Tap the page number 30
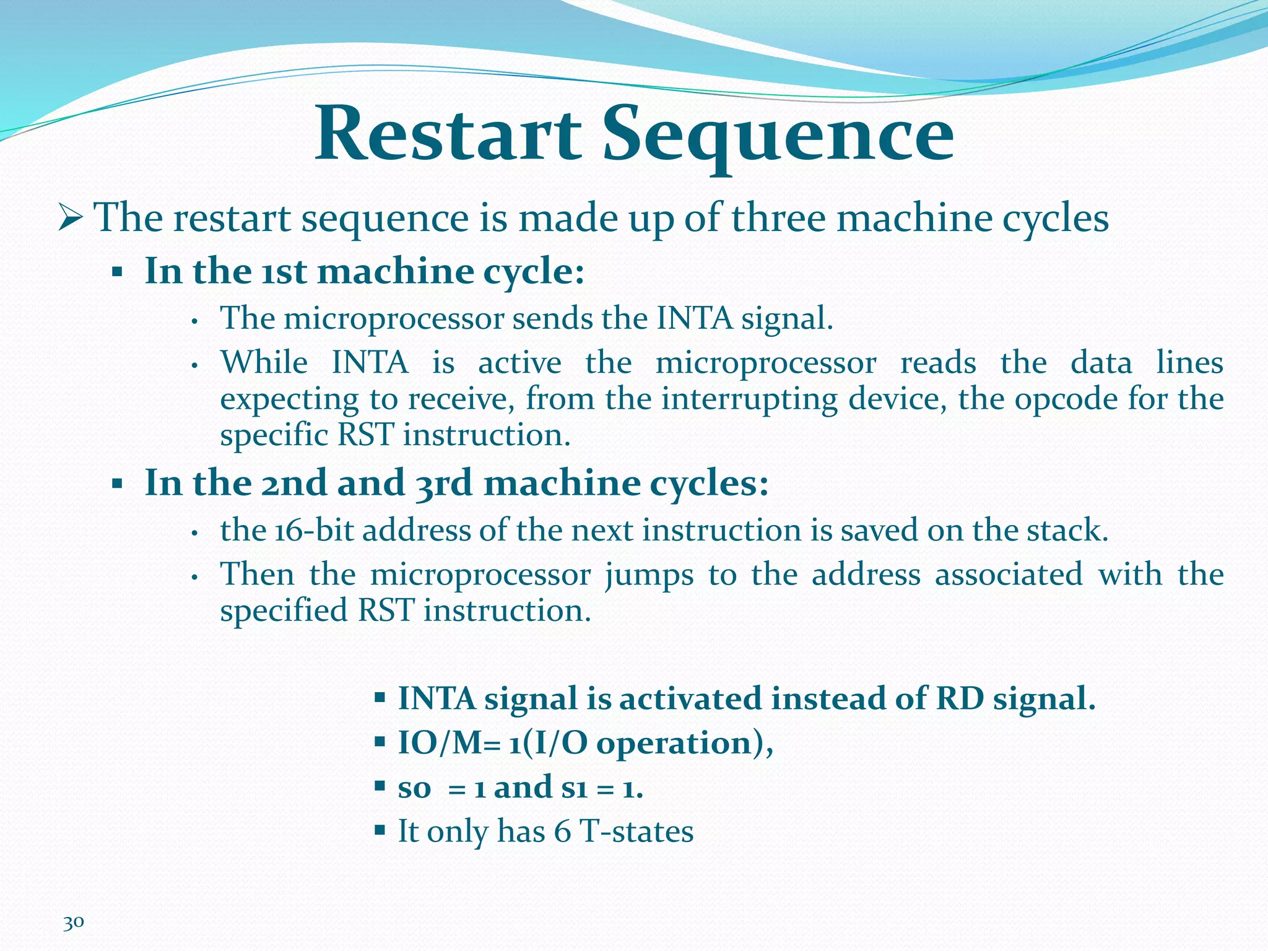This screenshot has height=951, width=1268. click(73, 923)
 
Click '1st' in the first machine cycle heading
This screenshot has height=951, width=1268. click(284, 271)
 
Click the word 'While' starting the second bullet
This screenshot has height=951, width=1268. click(264, 362)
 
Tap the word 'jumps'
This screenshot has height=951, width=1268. click(649, 575)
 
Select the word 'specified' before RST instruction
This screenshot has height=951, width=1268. click(284, 610)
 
